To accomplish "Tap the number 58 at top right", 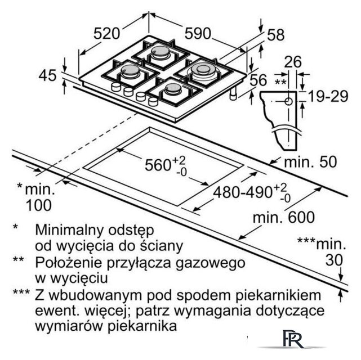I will tap(275, 35).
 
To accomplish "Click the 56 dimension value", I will tap(258, 81).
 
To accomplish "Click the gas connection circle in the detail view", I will tap(288, 102).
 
